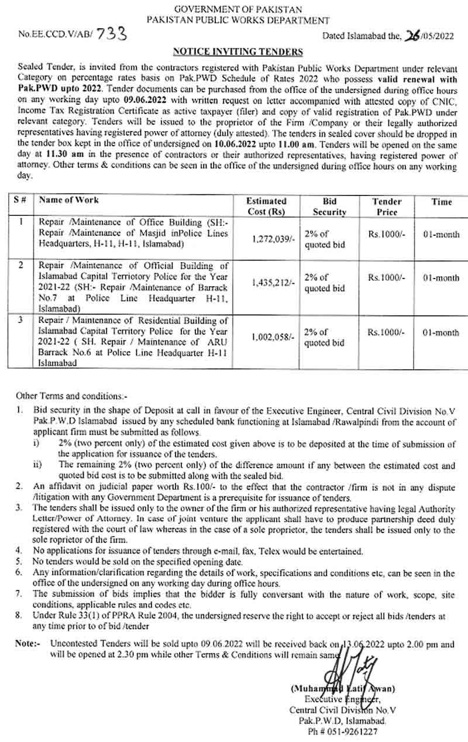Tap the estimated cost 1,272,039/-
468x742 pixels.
point(269,239)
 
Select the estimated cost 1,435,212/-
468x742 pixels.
point(269,283)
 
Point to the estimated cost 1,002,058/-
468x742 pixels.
point(269,337)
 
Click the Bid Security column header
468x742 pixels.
point(329,207)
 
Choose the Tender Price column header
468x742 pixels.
point(387,207)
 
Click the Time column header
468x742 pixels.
point(442,202)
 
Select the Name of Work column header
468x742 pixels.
point(68,200)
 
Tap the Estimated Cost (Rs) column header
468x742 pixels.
point(266,207)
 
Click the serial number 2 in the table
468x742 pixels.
point(21,265)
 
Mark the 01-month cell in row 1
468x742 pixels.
point(441,235)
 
